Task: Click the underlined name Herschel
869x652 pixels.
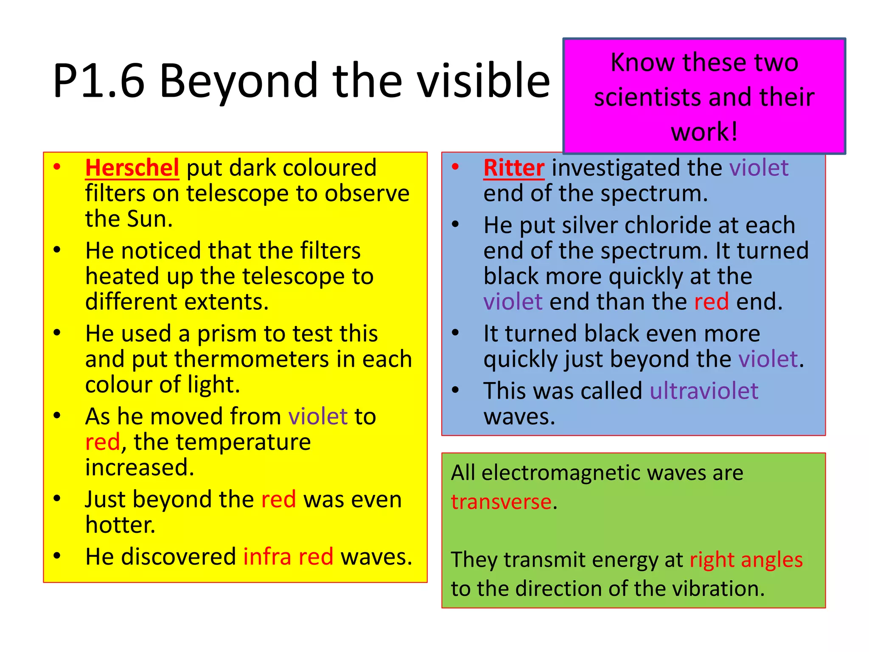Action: tap(132, 168)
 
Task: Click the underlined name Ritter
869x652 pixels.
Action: tap(514, 168)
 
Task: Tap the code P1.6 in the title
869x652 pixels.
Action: tap(99, 81)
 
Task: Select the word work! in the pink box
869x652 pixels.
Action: tap(704, 132)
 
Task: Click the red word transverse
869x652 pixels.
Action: tap(501, 502)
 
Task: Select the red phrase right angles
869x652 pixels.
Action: tap(746, 559)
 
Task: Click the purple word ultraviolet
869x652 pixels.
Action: tap(704, 391)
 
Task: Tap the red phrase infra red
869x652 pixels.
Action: tap(288, 556)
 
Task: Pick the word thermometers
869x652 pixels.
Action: tap(252, 359)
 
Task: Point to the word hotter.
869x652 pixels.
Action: tap(120, 525)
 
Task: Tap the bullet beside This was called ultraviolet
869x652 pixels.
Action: tap(455, 390)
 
